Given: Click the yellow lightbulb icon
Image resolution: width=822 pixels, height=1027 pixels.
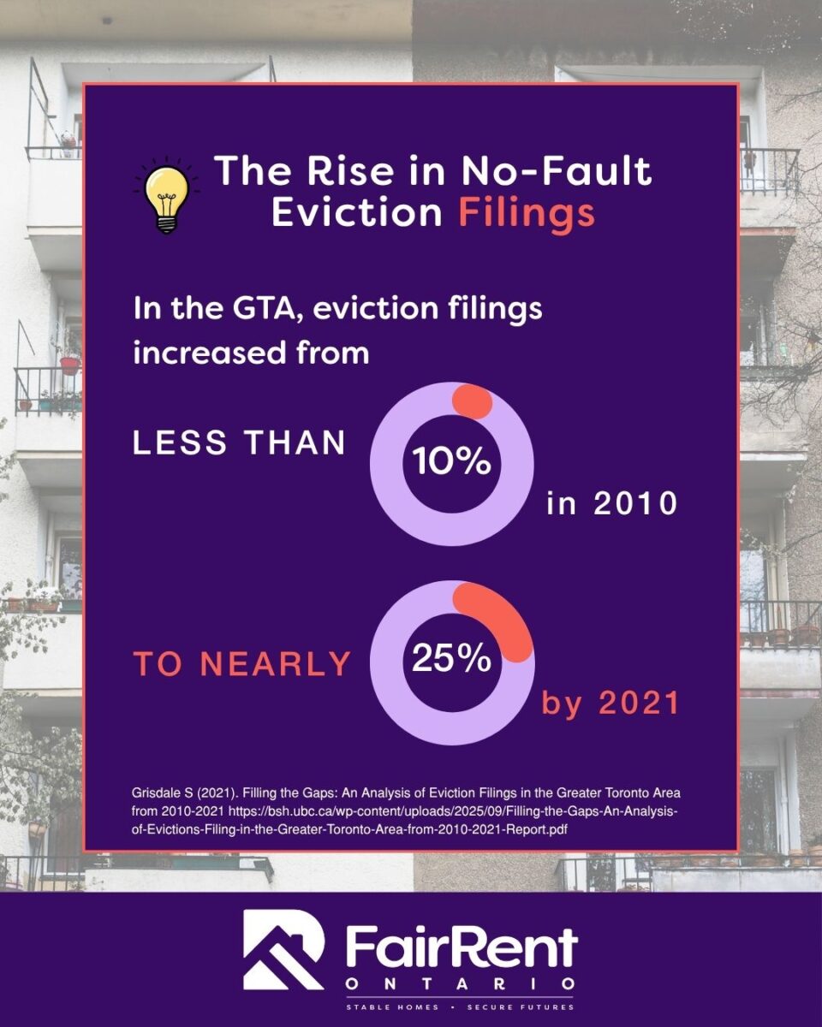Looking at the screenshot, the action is pos(166,196).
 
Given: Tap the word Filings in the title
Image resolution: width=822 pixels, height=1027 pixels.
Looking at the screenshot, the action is pos(527,214).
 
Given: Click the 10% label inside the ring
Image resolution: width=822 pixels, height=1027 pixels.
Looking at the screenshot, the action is pos(451,462).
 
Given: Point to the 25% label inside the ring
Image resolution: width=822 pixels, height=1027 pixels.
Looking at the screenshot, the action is pos(451,659).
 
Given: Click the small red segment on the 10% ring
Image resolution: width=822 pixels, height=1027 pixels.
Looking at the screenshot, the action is pos(473,402).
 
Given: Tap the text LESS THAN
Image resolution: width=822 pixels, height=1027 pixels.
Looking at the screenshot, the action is pos(239,442).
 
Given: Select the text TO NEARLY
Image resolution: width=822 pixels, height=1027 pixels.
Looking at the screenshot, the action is pos(242,663).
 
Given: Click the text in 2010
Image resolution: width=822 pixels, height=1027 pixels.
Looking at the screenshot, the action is pos(612,502).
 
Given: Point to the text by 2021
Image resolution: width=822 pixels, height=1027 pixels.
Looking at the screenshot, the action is pos(610,703).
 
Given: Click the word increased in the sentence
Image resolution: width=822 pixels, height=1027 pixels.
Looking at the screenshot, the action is pos(208,353).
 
